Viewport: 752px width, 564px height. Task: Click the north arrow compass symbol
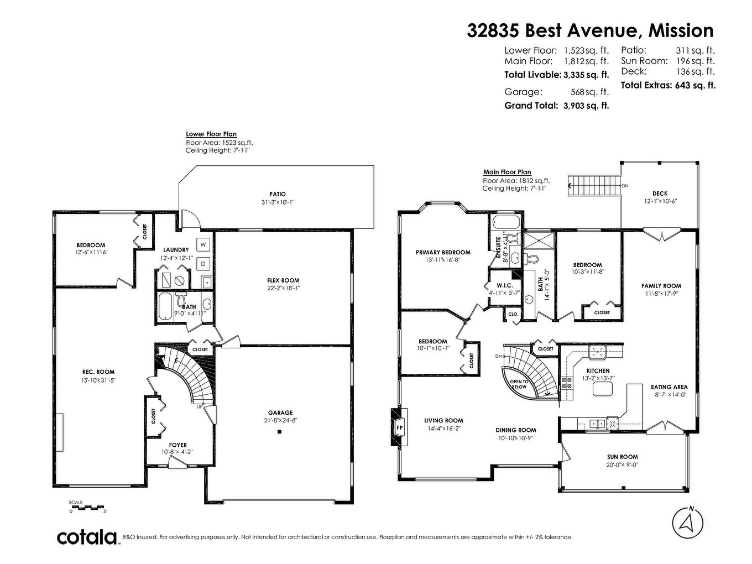(688, 521)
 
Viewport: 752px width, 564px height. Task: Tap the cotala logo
(87, 537)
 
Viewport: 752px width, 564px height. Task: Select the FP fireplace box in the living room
(399, 427)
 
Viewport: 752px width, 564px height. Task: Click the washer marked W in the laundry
(203, 244)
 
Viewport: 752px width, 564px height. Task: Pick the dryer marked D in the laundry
(203, 263)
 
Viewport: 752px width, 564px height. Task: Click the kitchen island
(603, 390)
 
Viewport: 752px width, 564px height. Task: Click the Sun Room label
(622, 457)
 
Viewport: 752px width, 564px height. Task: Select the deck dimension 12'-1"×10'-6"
(660, 201)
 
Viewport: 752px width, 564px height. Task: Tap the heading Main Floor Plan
(506, 172)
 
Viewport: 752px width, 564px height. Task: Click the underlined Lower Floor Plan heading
(211, 134)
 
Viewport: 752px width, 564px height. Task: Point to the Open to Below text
(519, 384)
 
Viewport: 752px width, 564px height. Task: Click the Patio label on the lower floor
(278, 194)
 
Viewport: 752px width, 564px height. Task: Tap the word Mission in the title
(681, 30)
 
